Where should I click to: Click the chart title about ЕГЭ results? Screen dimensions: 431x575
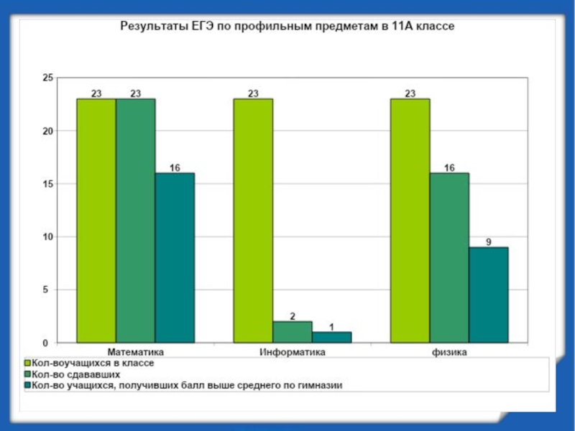click(x=287, y=26)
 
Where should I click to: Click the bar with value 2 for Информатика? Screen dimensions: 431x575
click(x=293, y=331)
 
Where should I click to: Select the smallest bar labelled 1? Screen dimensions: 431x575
click(x=331, y=337)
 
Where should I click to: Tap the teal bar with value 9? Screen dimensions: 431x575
click(x=489, y=295)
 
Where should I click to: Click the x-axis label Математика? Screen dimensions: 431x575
click(x=136, y=353)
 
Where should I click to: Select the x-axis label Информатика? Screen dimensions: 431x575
click(x=293, y=353)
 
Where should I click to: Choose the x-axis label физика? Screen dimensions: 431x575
click(x=449, y=353)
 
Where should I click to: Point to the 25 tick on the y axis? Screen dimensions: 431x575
click(x=49, y=78)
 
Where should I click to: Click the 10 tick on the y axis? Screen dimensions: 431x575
click(x=49, y=236)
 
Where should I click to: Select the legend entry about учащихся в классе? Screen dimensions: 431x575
click(x=91, y=363)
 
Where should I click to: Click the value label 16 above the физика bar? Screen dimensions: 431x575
click(x=449, y=167)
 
